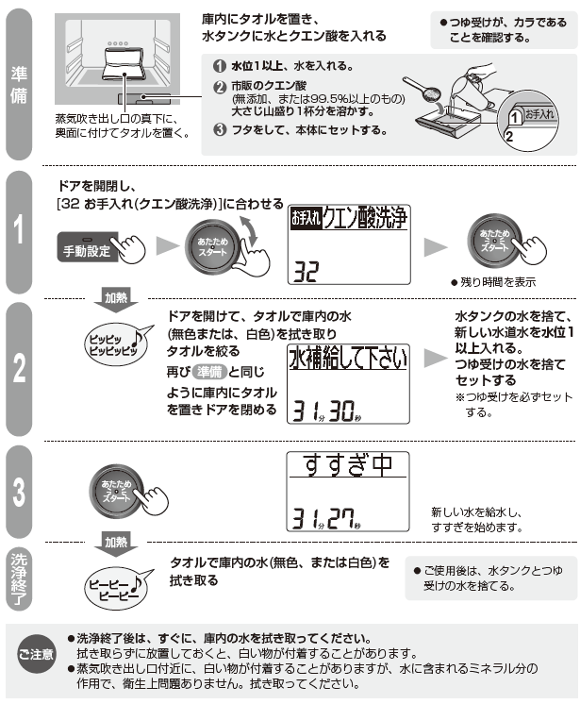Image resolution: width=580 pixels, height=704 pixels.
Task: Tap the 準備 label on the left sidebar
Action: [x=19, y=85]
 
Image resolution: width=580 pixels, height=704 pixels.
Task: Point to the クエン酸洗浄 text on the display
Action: [x=363, y=219]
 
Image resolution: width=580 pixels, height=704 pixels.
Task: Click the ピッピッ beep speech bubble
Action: [x=110, y=344]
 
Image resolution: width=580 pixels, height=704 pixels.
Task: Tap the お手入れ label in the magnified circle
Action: [x=539, y=113]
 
